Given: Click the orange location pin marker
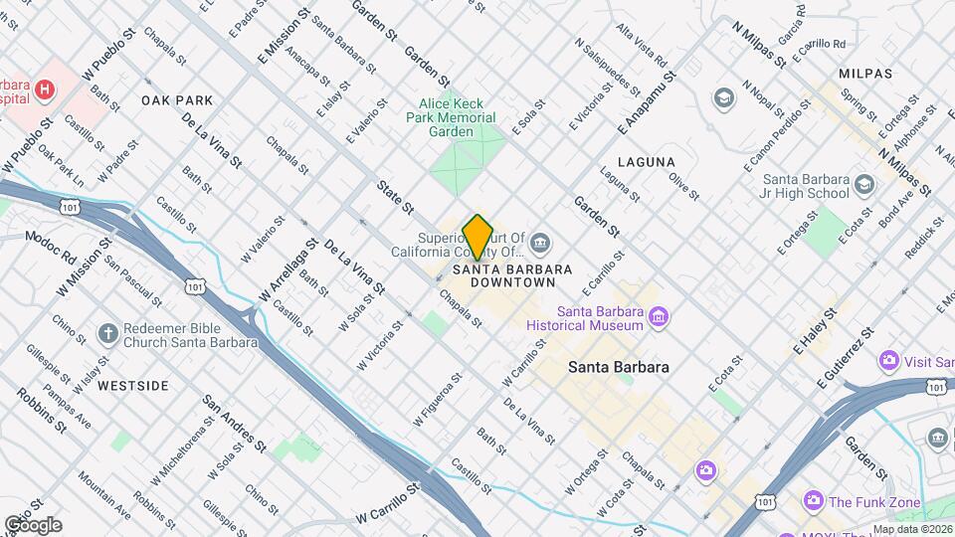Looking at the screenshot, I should (x=478, y=237).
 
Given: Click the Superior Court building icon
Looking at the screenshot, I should (x=539, y=242).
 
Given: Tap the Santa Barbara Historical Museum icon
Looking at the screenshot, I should (x=657, y=318).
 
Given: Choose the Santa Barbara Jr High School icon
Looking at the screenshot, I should (x=863, y=185).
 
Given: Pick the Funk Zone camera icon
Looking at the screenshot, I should (x=814, y=502).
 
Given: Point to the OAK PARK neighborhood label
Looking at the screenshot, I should (x=177, y=100).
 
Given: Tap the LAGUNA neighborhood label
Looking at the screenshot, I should (x=646, y=162).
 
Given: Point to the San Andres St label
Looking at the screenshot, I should (x=234, y=424).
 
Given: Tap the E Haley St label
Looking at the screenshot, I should (x=815, y=330).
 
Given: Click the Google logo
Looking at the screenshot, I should (x=33, y=525).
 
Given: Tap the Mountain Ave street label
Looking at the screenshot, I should (x=103, y=496).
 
